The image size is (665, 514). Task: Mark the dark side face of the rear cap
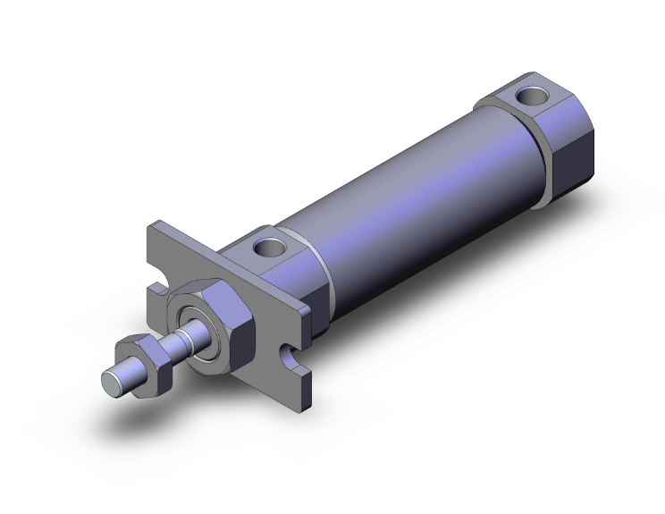pos(572,143)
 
